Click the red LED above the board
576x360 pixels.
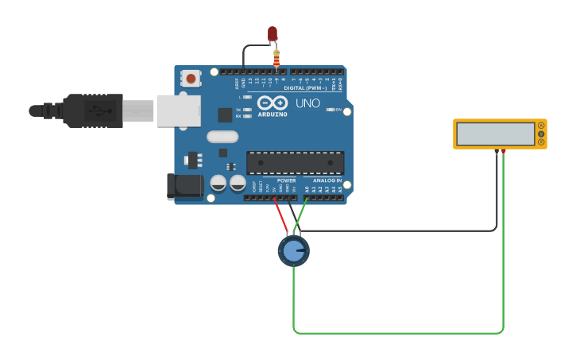click(x=273, y=33)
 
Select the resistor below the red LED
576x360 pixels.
click(x=276, y=58)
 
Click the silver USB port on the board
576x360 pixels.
click(x=178, y=111)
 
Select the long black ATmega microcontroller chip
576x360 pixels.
click(x=295, y=163)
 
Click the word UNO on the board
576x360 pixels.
click(x=307, y=103)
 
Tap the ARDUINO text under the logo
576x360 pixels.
click(x=273, y=114)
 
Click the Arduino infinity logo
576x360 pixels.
click(x=272, y=103)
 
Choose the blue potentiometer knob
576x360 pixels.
click(x=293, y=252)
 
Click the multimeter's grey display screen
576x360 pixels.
click(x=495, y=134)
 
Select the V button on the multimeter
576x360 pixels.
click(x=541, y=134)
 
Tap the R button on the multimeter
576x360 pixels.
click(x=541, y=142)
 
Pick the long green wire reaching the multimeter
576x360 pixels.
click(x=397, y=332)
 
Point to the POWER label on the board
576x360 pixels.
click(x=286, y=180)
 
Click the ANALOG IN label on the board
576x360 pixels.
click(x=327, y=180)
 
